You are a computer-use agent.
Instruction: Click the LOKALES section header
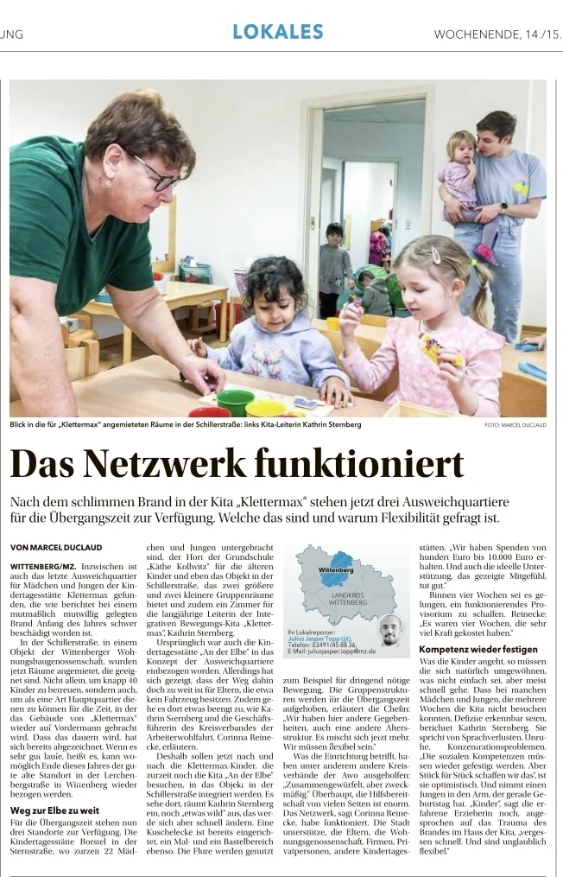tap(277, 32)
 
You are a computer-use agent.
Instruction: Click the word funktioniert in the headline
tap(372, 465)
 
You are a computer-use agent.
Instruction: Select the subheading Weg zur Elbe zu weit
tap(54, 786)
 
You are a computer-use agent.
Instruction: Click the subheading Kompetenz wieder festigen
tap(478, 649)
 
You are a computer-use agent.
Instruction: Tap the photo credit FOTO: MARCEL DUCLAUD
tap(516, 425)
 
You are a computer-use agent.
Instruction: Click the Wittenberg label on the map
tap(336, 570)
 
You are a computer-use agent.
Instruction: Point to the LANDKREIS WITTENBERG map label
tap(348, 599)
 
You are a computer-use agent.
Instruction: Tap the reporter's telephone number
tap(321, 645)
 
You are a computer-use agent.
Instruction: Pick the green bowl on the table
tap(235, 401)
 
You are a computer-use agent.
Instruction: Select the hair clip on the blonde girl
tap(436, 255)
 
